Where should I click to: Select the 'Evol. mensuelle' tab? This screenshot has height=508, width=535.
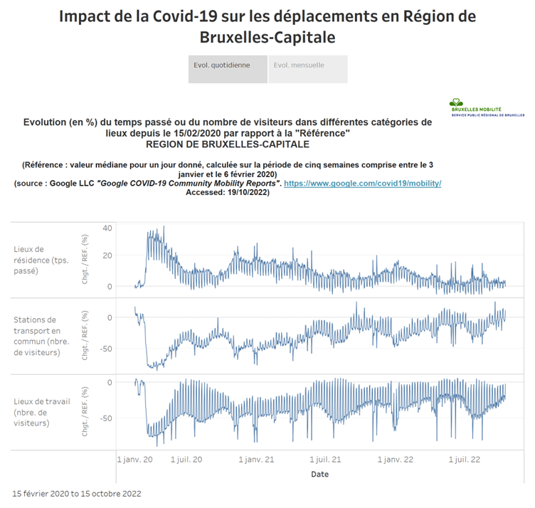307,65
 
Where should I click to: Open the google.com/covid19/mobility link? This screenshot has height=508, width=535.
363,184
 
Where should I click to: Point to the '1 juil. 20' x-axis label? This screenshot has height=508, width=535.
188,460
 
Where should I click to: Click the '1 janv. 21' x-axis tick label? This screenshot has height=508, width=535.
256,460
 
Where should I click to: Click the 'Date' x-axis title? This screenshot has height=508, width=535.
319,474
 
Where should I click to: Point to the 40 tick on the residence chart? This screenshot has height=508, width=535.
107,228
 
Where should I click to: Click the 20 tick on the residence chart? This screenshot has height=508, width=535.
107,256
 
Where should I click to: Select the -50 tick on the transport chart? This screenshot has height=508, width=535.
105,349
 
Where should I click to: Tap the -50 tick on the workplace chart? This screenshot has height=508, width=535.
105,418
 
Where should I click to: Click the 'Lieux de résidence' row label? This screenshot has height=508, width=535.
38,260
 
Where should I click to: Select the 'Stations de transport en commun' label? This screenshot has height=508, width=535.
38,336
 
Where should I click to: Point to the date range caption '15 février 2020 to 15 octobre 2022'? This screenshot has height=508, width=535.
77,493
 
